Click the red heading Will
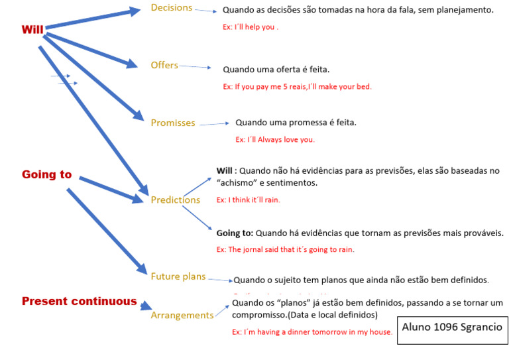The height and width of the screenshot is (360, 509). pyautogui.click(x=32, y=30)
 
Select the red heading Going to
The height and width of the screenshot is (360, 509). pyautogui.click(x=46, y=174)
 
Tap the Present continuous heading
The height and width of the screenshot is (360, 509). pyautogui.click(x=79, y=301)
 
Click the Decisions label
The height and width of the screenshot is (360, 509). pyautogui.click(x=171, y=8)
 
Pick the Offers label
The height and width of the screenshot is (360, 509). pyautogui.click(x=164, y=65)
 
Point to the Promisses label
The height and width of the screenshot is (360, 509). pyautogui.click(x=173, y=123)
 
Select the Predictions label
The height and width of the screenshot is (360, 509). pyautogui.click(x=175, y=200)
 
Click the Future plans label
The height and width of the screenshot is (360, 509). pyautogui.click(x=178, y=276)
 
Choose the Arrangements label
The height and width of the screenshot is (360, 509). pyautogui.click(x=182, y=315)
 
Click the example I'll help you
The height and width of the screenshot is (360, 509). pyautogui.click(x=251, y=27)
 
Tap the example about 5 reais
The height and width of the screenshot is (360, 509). pyautogui.click(x=297, y=86)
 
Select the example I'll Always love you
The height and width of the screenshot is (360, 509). pyautogui.click(x=275, y=139)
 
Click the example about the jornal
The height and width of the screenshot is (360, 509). pyautogui.click(x=285, y=249)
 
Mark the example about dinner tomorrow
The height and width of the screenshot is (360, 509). pyautogui.click(x=311, y=331)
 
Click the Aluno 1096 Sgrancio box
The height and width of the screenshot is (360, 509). pyautogui.click(x=452, y=328)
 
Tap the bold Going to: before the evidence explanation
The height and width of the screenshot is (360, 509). pyautogui.click(x=235, y=233)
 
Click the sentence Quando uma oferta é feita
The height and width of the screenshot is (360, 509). pyautogui.click(x=276, y=69)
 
